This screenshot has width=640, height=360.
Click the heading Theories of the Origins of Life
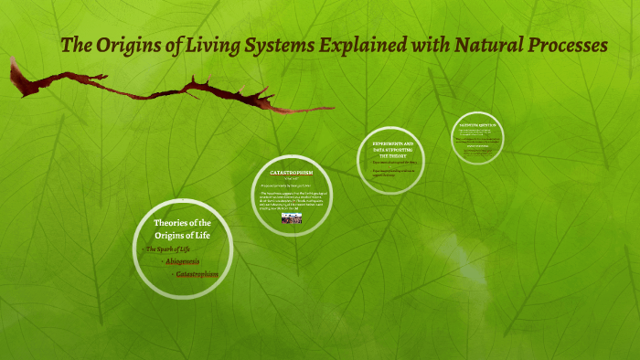182,229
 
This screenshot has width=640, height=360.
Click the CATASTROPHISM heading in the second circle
292,172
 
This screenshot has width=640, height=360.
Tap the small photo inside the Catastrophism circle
292,218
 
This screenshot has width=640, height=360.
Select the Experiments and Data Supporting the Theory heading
392,150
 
